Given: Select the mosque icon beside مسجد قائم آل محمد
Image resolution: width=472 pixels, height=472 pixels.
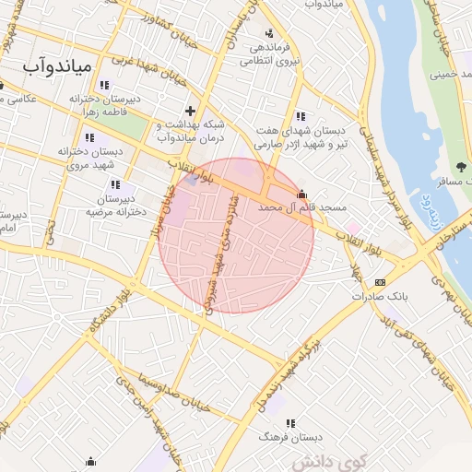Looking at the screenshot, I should click(301, 194).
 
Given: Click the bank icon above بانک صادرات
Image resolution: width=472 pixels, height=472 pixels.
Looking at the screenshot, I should click(380, 282).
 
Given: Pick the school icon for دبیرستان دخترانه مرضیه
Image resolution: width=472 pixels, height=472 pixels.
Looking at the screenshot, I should click(114, 185).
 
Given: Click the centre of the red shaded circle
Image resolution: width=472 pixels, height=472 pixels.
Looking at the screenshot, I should click(236, 235).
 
